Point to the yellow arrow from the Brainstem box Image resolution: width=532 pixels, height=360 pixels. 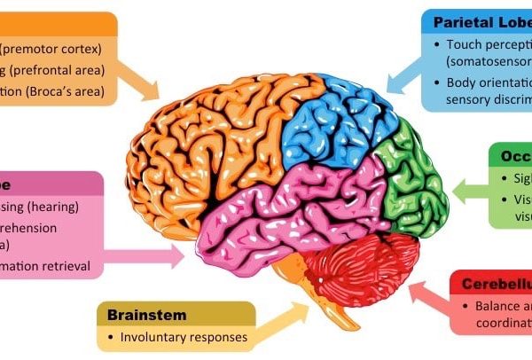click(x=284, y=318)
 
